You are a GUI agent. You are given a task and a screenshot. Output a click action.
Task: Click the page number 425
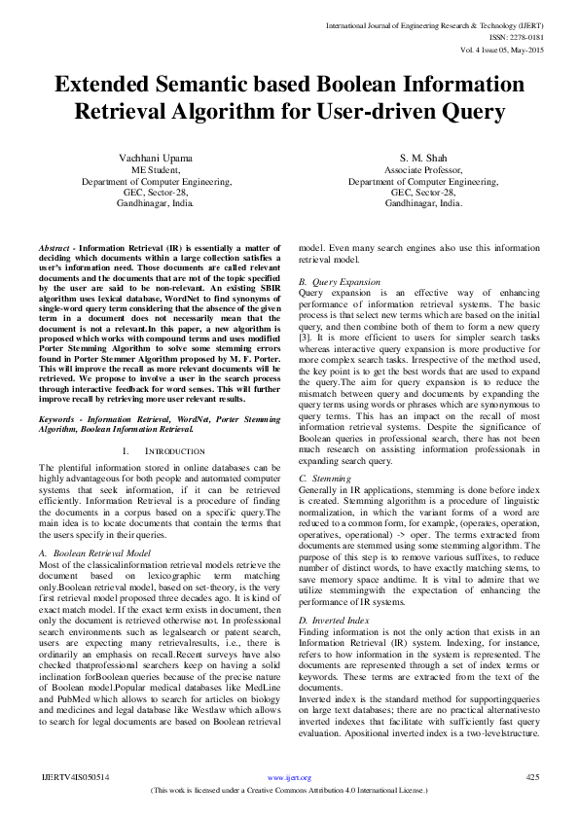[x=532, y=777]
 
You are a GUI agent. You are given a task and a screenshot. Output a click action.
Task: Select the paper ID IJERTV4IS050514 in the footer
[x=75, y=777]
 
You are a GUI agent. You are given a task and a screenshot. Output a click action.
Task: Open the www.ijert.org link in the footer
[x=289, y=778]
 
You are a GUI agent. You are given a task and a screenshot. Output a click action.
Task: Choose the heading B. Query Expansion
[x=340, y=281]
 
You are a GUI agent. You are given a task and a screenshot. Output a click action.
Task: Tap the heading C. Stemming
[x=325, y=480]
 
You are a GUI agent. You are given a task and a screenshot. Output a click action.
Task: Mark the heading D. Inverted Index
[x=336, y=620]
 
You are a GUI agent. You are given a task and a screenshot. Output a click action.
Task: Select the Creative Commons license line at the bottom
[x=289, y=791]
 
